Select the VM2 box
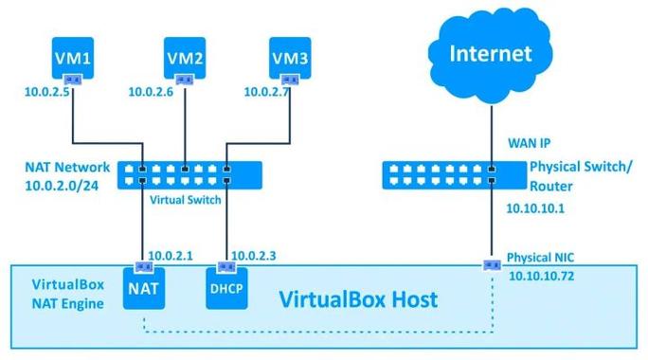point(186,58)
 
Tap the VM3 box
point(291,58)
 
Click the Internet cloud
point(491,53)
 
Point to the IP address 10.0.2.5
point(47,92)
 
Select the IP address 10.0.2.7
point(266,92)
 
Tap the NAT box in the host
point(144,287)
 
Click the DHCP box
point(226,288)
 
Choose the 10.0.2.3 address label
point(255,255)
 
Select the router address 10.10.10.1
point(535,208)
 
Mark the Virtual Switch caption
point(186,200)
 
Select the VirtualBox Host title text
point(358,300)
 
